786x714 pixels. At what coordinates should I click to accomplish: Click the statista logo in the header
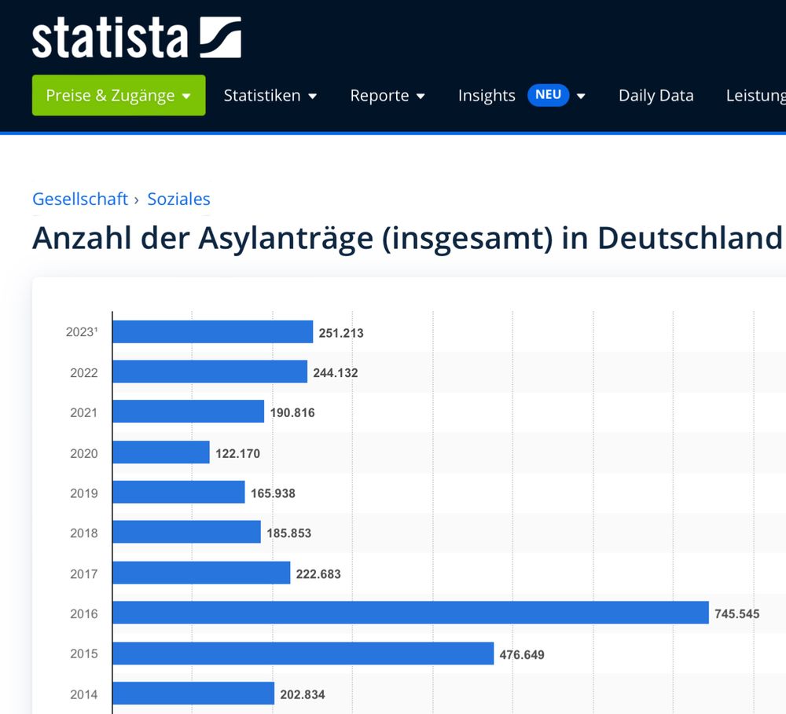click(136, 38)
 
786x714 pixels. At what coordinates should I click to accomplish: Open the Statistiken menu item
click(270, 96)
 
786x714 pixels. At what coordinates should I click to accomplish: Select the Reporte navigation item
click(387, 96)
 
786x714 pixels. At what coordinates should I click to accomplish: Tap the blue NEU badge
click(548, 95)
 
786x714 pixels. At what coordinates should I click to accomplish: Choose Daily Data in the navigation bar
click(656, 96)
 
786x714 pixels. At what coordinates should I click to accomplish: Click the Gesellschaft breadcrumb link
click(79, 200)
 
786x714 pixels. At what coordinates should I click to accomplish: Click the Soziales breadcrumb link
click(178, 200)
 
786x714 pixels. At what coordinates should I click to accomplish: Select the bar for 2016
click(410, 613)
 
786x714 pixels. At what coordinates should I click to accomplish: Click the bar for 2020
click(161, 452)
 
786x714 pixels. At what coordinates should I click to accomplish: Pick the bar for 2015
click(303, 654)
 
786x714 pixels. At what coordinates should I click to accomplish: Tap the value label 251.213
click(341, 333)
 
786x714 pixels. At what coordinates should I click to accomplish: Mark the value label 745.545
click(736, 614)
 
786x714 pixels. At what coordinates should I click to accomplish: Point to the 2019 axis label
click(84, 493)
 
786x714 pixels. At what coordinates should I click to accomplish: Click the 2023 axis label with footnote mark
click(82, 332)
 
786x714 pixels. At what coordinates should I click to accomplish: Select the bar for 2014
click(193, 694)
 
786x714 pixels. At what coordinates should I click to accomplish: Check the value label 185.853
click(288, 533)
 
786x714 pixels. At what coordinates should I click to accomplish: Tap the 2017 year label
click(84, 574)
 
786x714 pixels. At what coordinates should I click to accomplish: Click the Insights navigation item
click(487, 96)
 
